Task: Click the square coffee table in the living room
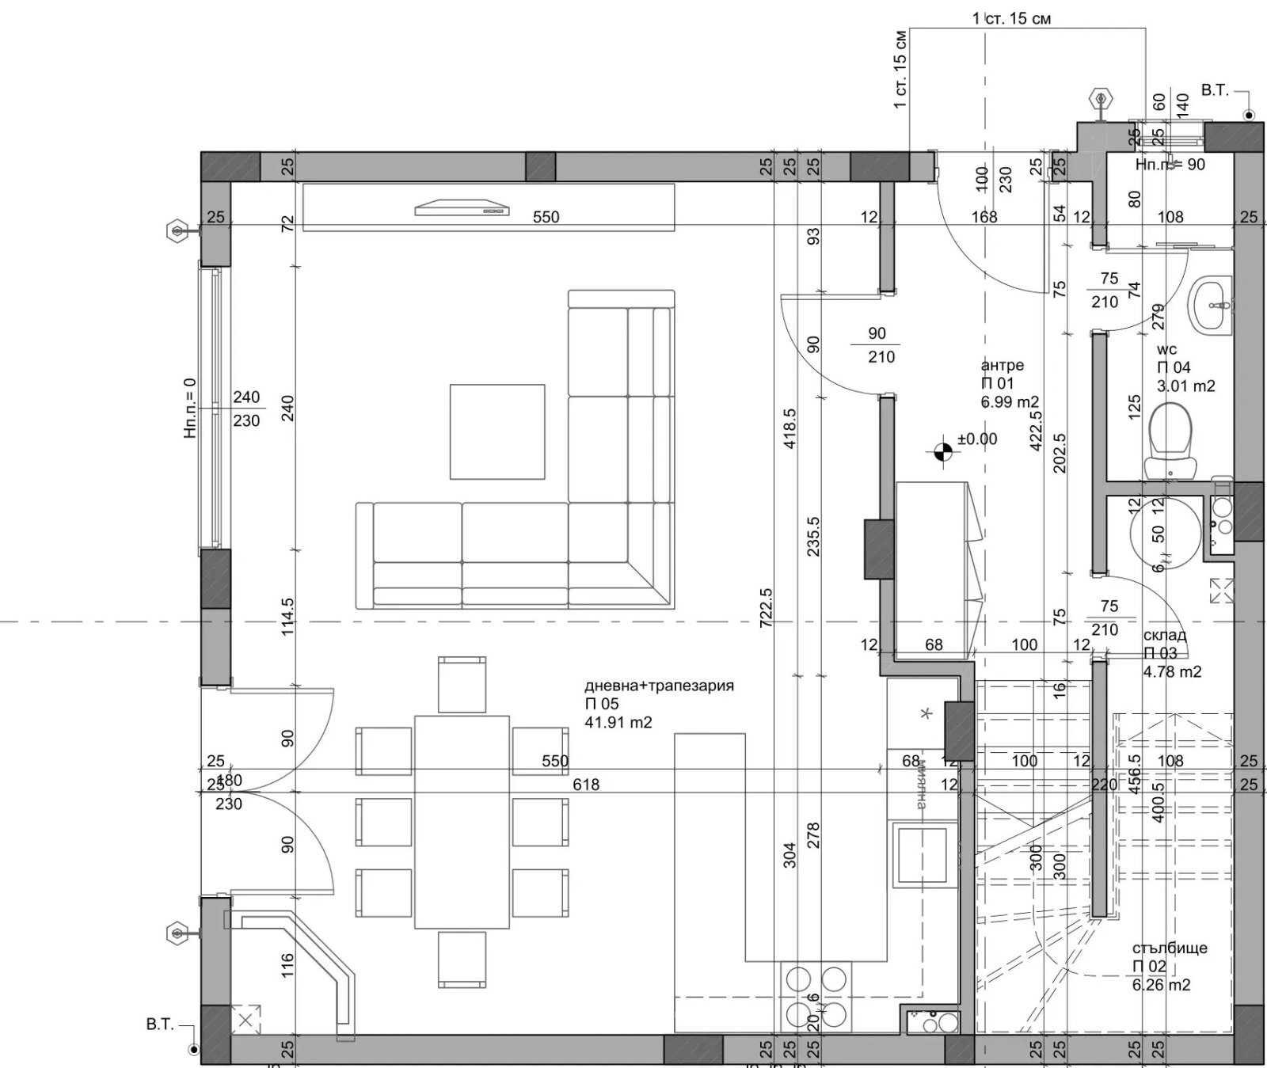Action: tap(497, 431)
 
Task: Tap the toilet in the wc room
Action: tap(1169, 439)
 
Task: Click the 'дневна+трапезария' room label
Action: tap(659, 686)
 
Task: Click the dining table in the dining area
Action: tap(462, 821)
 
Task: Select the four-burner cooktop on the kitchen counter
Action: tap(816, 995)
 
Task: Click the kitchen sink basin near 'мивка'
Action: tap(923, 855)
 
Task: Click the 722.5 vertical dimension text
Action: tap(766, 607)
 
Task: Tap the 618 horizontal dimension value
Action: tap(586, 785)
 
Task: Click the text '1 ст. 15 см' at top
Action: tap(1011, 18)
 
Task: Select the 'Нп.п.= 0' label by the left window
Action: tap(189, 408)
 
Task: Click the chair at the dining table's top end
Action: tap(462, 684)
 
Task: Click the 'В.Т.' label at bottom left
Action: tap(160, 1024)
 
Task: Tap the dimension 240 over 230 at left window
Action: tap(246, 409)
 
